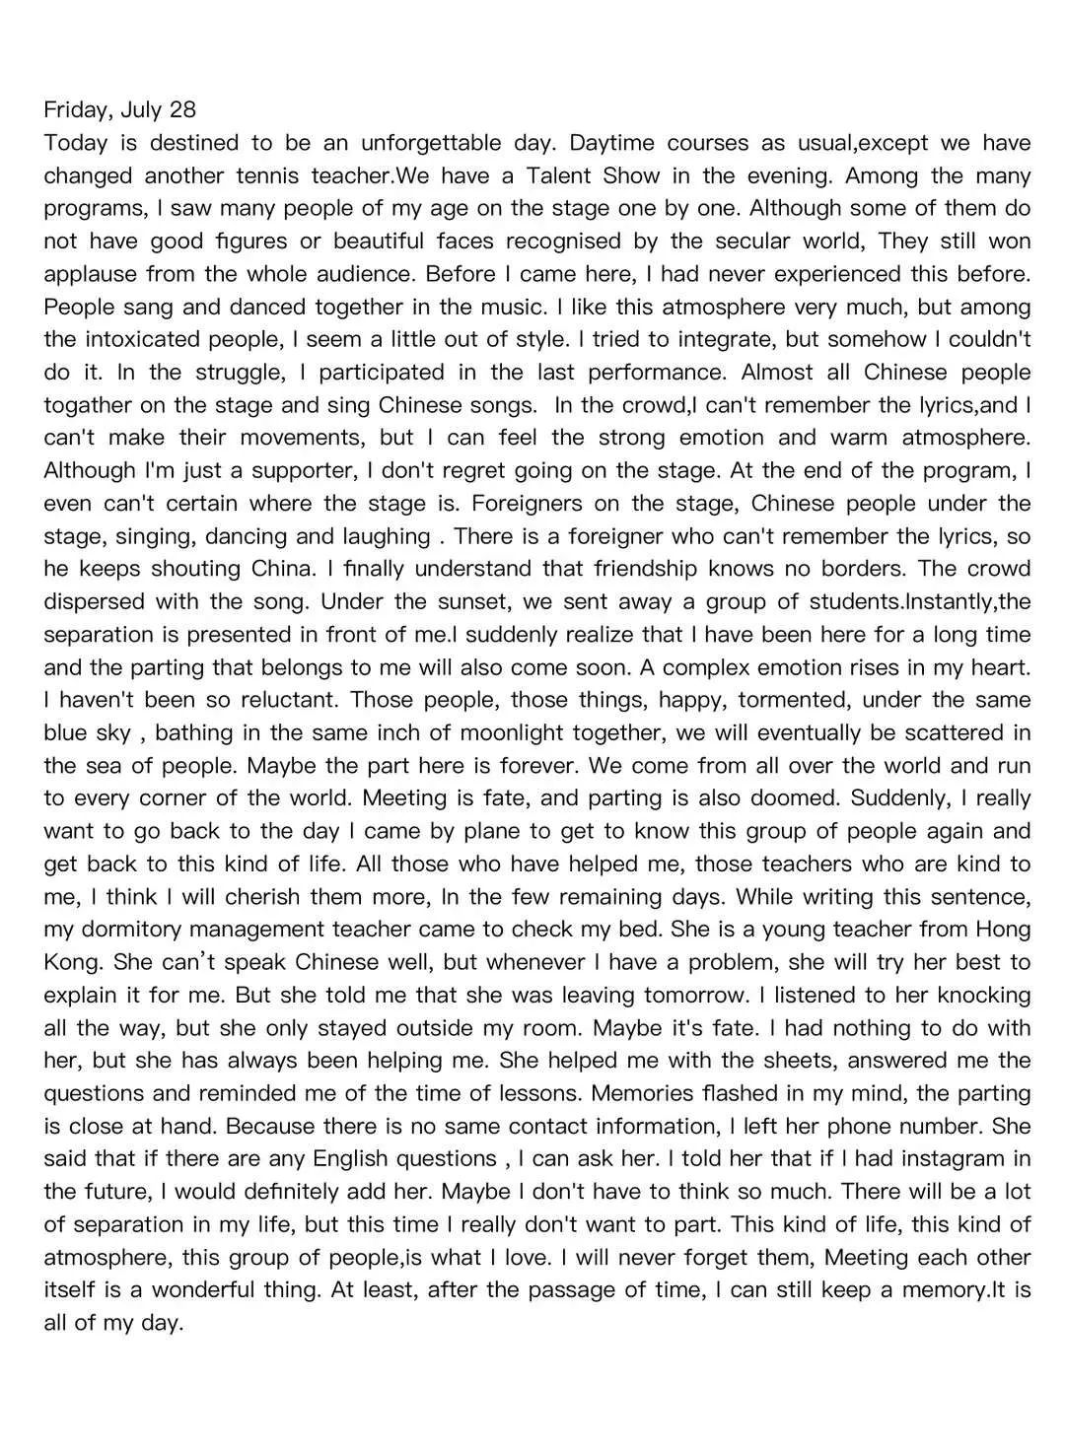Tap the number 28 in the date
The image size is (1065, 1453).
(x=182, y=109)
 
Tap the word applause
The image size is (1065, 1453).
(x=91, y=274)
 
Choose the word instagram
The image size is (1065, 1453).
(x=933, y=1159)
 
